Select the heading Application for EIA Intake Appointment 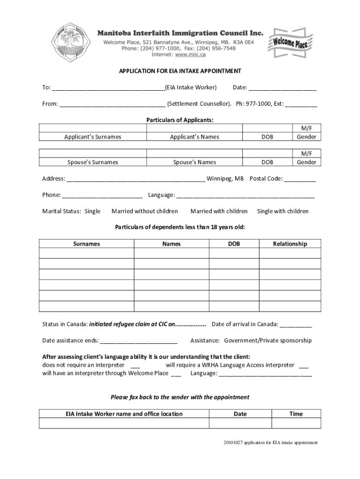(180, 71)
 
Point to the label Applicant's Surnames (93, 137)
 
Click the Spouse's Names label (194, 162)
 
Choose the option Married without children (144, 211)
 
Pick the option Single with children (283, 211)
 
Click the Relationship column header (290, 244)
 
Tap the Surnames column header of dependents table (86, 244)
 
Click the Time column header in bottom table (296, 414)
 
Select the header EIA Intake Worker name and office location (124, 414)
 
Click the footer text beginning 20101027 (270, 442)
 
